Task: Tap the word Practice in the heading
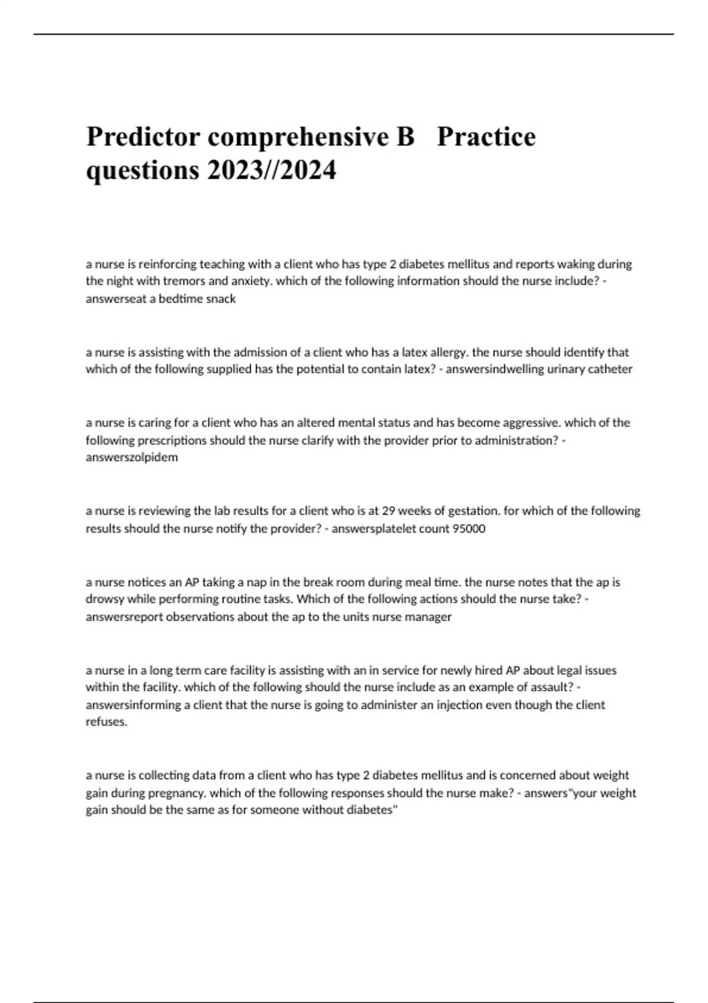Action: click(486, 137)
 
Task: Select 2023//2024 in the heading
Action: click(271, 171)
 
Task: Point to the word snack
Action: click(221, 299)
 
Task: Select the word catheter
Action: click(611, 369)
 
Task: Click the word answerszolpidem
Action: click(132, 457)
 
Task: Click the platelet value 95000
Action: click(468, 529)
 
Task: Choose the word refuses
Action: click(106, 722)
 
